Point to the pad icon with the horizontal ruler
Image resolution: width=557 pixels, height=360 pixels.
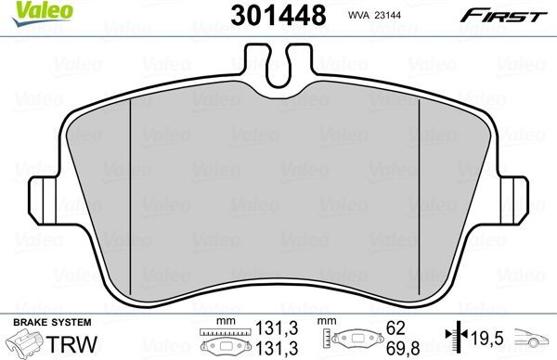click(x=223, y=341)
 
